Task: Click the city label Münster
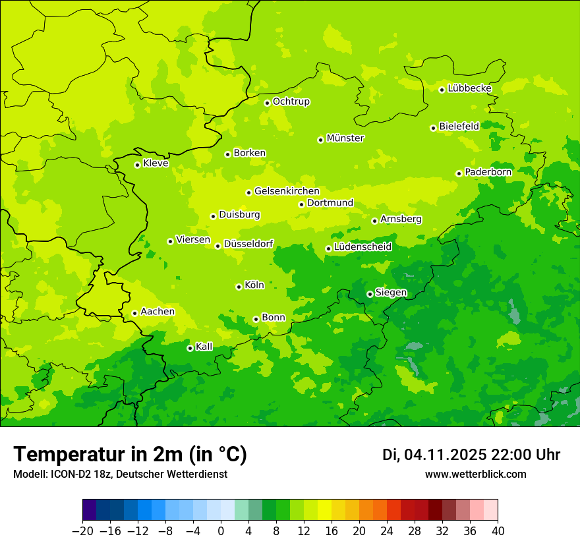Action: click(x=345, y=138)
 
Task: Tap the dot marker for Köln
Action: click(x=239, y=287)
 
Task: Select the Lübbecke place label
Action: click(x=469, y=88)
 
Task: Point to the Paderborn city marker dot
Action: click(x=459, y=173)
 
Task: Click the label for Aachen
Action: click(x=158, y=312)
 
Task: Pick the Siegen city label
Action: click(x=391, y=293)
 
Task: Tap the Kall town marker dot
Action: click(x=190, y=348)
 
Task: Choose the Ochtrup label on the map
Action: click(x=291, y=101)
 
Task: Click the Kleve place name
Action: click(x=156, y=163)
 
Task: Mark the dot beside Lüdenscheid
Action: click(x=328, y=248)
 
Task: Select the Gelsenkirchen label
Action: click(x=287, y=191)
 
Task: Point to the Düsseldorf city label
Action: click(x=248, y=244)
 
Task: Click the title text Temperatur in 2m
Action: click(x=130, y=454)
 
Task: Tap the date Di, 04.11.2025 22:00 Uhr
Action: click(x=471, y=455)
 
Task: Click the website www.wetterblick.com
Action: click(x=475, y=475)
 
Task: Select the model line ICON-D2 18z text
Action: click(x=119, y=475)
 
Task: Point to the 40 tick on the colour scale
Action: click(x=498, y=531)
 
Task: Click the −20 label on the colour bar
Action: click(x=82, y=531)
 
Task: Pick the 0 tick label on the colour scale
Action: click(x=221, y=531)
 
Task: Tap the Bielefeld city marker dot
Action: click(x=433, y=128)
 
